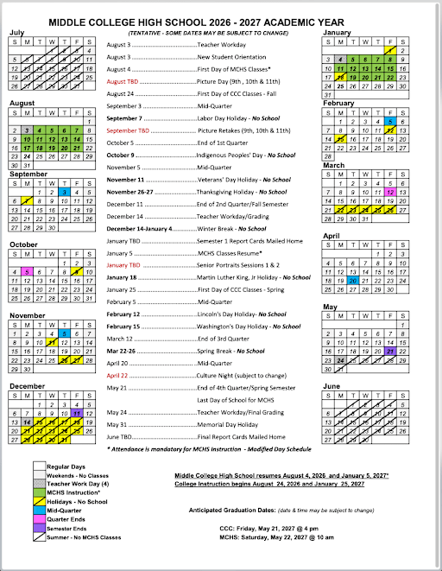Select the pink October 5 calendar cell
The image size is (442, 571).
tap(28, 271)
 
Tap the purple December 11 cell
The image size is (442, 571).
tap(78, 414)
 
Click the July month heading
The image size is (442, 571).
tap(16, 33)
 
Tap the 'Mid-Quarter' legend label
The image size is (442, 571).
tap(64, 511)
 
